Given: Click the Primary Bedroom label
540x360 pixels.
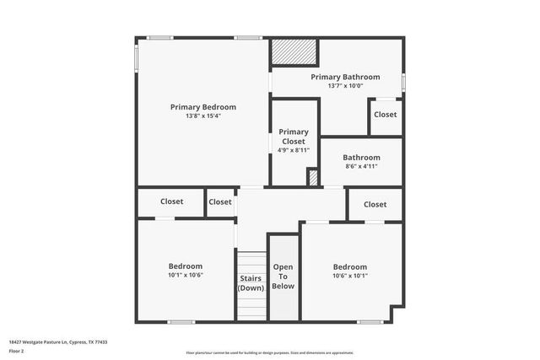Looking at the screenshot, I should (x=202, y=107).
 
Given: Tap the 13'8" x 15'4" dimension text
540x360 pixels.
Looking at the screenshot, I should (x=202, y=116).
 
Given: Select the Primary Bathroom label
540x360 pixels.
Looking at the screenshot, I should (x=345, y=77).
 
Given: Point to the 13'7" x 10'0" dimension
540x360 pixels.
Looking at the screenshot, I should (x=345, y=86).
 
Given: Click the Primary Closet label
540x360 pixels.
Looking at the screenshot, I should (x=294, y=137).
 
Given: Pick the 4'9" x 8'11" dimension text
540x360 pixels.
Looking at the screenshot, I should (x=294, y=150).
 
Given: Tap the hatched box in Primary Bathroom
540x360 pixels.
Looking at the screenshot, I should (x=294, y=52).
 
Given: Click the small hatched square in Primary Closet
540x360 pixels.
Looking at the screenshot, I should (x=312, y=178).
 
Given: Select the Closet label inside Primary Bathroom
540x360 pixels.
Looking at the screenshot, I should (x=386, y=115).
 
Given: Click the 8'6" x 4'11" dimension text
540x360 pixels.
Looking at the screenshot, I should (x=361, y=166).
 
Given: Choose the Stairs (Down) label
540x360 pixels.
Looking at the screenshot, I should (x=251, y=282).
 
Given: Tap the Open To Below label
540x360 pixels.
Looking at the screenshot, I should (x=283, y=277).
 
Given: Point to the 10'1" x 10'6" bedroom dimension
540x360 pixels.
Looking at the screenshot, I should (x=186, y=275).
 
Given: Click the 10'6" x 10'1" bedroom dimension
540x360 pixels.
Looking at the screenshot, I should (x=349, y=275).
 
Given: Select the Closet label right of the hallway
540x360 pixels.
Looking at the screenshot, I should (x=375, y=204).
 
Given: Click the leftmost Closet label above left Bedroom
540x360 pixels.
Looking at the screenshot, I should (x=171, y=201).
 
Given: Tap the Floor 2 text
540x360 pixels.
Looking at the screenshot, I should (x=16, y=349).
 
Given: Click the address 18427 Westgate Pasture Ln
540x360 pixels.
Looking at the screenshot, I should (x=58, y=342).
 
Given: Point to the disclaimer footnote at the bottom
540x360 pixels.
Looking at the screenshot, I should (x=269, y=352).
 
